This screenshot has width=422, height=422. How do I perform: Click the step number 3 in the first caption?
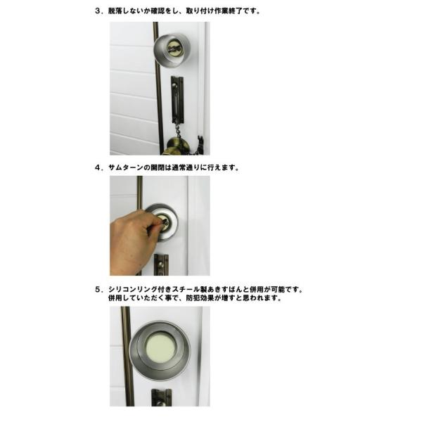click(x=98, y=11)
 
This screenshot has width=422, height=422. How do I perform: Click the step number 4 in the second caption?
click(x=98, y=167)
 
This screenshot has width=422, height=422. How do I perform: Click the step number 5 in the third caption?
click(x=98, y=290)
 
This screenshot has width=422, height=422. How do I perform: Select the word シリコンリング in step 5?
click(x=133, y=290)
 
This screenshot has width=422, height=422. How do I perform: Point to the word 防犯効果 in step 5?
click(x=200, y=298)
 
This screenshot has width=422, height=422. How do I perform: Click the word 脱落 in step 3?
click(x=115, y=11)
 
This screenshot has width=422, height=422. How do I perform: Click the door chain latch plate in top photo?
click(x=177, y=100)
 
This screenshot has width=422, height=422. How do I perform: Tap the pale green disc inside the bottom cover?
click(x=160, y=347)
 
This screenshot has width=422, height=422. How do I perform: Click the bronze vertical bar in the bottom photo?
click(x=128, y=357)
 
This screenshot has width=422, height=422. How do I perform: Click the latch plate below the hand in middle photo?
click(x=161, y=265)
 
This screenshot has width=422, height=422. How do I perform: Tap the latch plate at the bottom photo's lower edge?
click(x=161, y=397)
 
